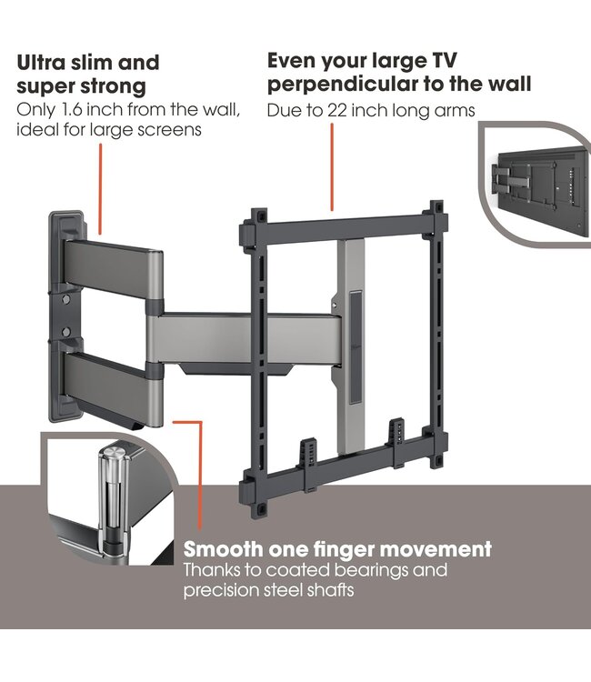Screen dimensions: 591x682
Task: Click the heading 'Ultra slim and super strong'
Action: click(x=88, y=74)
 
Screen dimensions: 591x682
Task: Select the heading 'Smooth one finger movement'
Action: click(x=337, y=549)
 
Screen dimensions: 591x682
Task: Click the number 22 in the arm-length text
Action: click(x=336, y=110)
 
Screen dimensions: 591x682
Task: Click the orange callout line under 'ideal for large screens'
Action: click(x=100, y=189)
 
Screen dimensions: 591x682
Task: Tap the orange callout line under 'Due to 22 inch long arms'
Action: click(x=332, y=167)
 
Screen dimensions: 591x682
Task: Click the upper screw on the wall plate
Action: click(x=66, y=299)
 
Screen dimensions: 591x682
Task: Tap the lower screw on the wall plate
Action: click(x=66, y=333)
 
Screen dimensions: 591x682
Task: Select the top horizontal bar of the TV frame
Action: click(x=344, y=226)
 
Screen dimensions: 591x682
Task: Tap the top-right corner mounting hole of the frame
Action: click(x=436, y=207)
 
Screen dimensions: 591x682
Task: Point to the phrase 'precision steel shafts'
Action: click(x=268, y=591)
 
